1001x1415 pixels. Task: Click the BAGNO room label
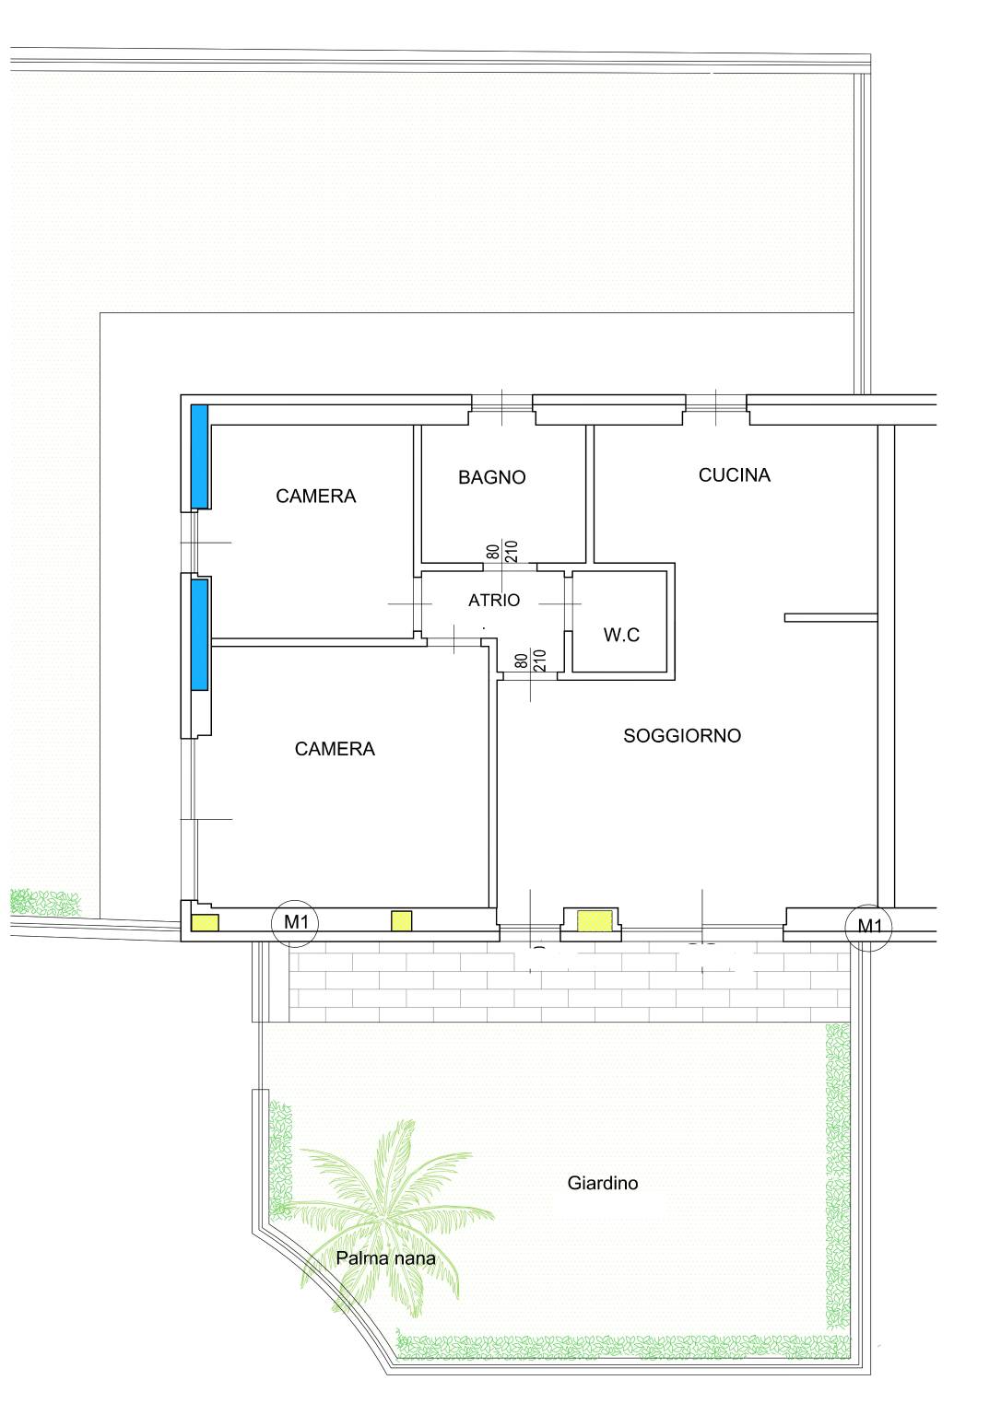tap(491, 477)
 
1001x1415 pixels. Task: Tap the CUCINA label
tap(735, 475)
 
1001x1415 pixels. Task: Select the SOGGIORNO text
tap(682, 735)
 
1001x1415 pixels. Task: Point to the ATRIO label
tap(494, 600)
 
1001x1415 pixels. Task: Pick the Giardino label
tap(603, 1183)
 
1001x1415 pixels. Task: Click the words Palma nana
tap(385, 1257)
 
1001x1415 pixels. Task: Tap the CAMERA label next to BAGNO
tap(316, 496)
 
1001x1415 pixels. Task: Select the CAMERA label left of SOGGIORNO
tap(335, 749)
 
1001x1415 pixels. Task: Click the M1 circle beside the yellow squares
tap(295, 923)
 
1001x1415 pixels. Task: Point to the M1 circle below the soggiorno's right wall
tap(869, 926)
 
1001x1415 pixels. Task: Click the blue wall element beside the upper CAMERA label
tap(200, 456)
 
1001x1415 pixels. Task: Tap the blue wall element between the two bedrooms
tap(200, 635)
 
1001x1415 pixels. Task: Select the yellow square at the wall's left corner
tap(206, 922)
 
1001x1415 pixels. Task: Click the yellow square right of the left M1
tap(401, 921)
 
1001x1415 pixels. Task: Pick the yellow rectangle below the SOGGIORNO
tap(595, 921)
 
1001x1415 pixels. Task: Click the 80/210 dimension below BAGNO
tap(502, 551)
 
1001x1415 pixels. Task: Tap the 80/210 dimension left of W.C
tap(530, 661)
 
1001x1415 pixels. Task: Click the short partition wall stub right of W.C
tap(831, 617)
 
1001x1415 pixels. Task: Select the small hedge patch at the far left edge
tap(45, 902)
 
